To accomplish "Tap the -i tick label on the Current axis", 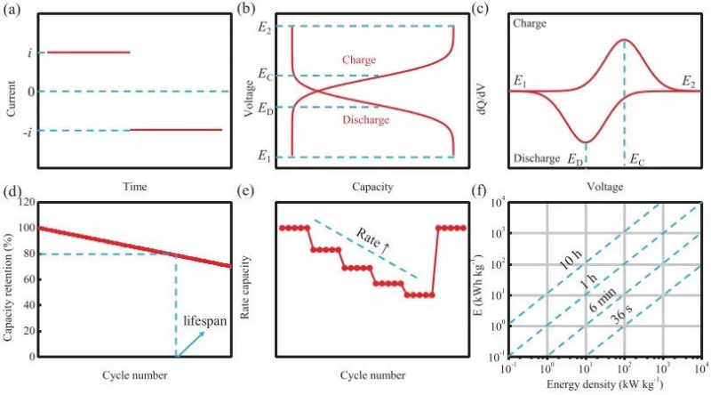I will (30, 131).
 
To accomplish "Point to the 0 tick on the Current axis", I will (32, 92).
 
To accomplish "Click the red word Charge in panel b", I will (359, 60).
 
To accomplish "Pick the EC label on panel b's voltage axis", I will (265, 75).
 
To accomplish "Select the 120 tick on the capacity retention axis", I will (25, 203).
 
